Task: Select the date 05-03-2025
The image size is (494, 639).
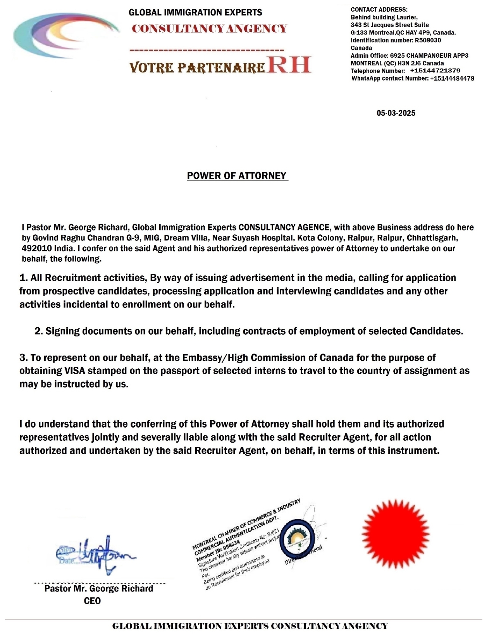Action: click(x=396, y=113)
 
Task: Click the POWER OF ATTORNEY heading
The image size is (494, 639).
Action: click(x=237, y=176)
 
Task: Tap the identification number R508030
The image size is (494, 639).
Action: click(x=428, y=40)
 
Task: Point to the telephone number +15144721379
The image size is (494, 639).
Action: click(x=435, y=71)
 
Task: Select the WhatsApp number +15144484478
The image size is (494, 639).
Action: click(x=452, y=78)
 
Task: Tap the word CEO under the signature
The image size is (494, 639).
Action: click(x=92, y=601)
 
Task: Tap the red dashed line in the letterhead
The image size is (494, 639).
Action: click(x=206, y=50)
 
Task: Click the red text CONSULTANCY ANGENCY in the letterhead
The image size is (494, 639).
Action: click(x=209, y=29)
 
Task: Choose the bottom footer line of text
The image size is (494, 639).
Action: click(x=250, y=626)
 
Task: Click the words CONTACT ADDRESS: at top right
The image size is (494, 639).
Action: click(x=379, y=9)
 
